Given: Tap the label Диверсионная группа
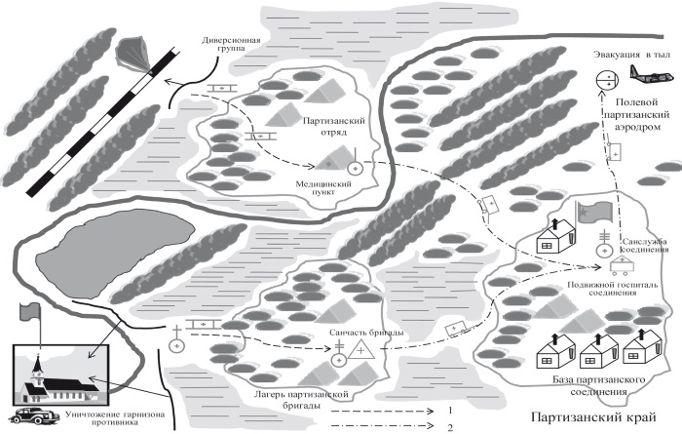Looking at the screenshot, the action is (x=231, y=44).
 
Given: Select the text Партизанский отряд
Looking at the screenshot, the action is (x=333, y=126).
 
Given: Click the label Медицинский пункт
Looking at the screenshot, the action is (x=323, y=187).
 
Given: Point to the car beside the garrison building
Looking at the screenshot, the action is (x=34, y=415).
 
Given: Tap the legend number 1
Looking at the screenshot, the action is (x=450, y=410).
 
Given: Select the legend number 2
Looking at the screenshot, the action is (x=450, y=427).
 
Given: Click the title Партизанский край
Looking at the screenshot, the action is (x=593, y=417).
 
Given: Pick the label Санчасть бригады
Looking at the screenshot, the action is (x=366, y=333).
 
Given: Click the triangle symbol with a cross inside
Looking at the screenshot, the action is (x=360, y=349).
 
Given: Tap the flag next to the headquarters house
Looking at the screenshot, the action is (x=593, y=213).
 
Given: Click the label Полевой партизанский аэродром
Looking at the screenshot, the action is (x=637, y=114).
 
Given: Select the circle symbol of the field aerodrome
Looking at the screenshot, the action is (x=606, y=80).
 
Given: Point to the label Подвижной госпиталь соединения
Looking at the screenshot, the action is (x=613, y=289).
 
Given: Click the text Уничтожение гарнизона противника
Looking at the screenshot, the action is (x=115, y=417).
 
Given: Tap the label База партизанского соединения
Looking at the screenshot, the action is (x=598, y=385).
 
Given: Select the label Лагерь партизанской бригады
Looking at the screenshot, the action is (x=301, y=400).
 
